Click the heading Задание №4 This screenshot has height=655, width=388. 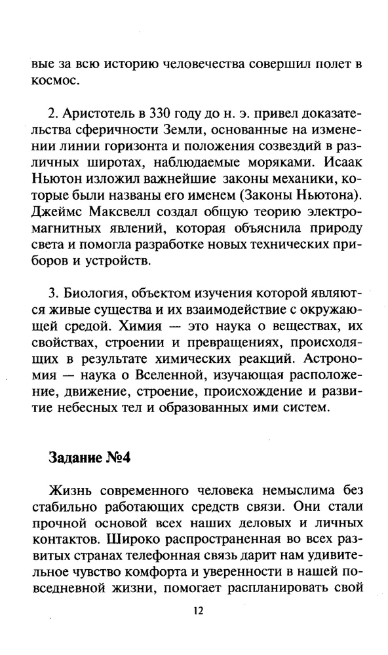pos(90,457)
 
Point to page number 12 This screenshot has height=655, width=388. pos(199,610)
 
